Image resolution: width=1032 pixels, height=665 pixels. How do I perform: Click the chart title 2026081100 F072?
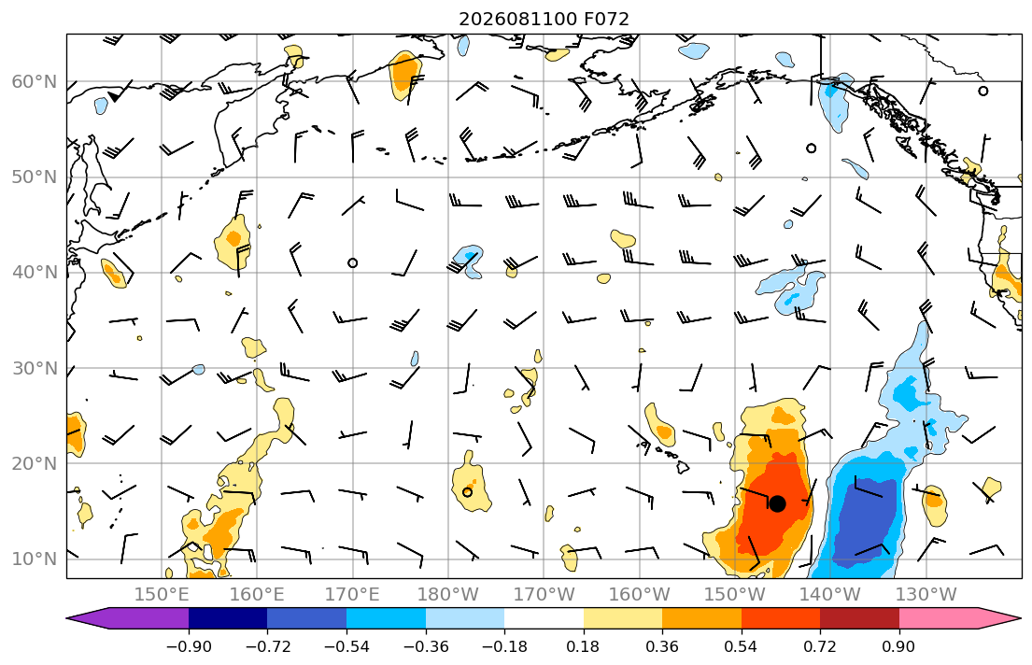[x=544, y=19]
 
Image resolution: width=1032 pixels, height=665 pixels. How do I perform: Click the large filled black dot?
[x=777, y=503]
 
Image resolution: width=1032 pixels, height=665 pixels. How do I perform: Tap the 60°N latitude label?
[x=35, y=81]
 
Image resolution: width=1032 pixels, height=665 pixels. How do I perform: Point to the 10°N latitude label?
[x=35, y=559]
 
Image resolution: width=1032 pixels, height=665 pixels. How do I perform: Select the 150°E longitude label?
[x=162, y=595]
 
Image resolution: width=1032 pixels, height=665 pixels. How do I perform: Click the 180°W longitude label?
[x=448, y=595]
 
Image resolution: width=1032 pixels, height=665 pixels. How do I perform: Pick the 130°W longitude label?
[x=926, y=595]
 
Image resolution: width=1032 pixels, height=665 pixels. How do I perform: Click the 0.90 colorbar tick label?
[x=899, y=646]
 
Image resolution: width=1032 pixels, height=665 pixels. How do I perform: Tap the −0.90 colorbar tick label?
[x=189, y=646]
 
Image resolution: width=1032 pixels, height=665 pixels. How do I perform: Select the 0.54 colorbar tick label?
[x=742, y=646]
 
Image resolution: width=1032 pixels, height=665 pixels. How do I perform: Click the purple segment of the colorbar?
[x=128, y=618]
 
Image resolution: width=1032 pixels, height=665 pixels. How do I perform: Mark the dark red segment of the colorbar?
[x=859, y=618]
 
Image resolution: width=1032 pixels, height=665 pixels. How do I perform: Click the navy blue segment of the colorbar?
[x=229, y=618]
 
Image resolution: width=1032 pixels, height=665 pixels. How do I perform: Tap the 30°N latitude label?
[x=35, y=368]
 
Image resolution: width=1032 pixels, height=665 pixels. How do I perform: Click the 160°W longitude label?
[x=640, y=595]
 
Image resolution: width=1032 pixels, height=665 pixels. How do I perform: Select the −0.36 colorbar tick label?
[x=426, y=646]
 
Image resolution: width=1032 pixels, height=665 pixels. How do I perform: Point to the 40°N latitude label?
[x=35, y=273]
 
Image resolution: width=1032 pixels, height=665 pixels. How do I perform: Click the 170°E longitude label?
[x=353, y=595]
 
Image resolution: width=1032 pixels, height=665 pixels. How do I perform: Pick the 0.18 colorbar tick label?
[x=583, y=646]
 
